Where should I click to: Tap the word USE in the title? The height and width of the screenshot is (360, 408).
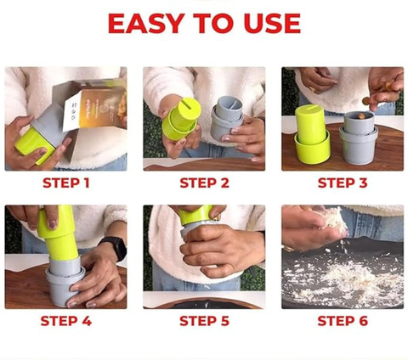pyautogui.click(x=272, y=24)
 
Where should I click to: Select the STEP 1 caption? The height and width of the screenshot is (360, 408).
pyautogui.click(x=66, y=183)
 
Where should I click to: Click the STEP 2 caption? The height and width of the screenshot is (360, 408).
pyautogui.click(x=204, y=183)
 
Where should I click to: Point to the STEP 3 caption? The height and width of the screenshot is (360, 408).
pyautogui.click(x=343, y=183)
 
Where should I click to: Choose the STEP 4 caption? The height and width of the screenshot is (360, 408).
pyautogui.click(x=66, y=321)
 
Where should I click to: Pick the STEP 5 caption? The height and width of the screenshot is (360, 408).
pyautogui.click(x=204, y=321)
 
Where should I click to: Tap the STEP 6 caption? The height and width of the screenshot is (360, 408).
pyautogui.click(x=343, y=321)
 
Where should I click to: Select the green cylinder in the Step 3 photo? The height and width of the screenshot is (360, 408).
pyautogui.click(x=312, y=133)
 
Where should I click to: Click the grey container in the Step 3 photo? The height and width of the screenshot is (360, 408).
pyautogui.click(x=359, y=138)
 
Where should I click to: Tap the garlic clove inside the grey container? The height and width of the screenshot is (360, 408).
pyautogui.click(x=361, y=115)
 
